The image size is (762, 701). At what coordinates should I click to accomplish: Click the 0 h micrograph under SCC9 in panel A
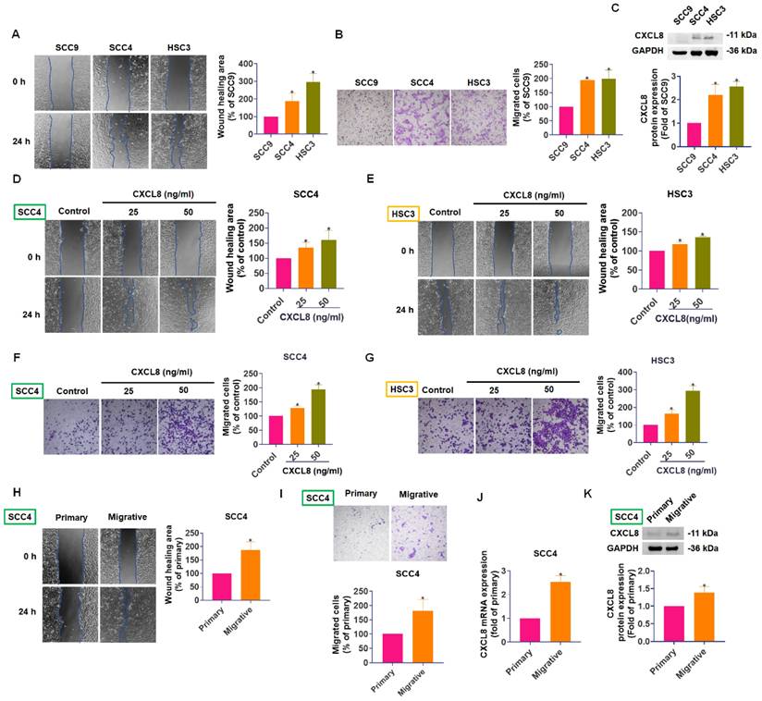[62, 81]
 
